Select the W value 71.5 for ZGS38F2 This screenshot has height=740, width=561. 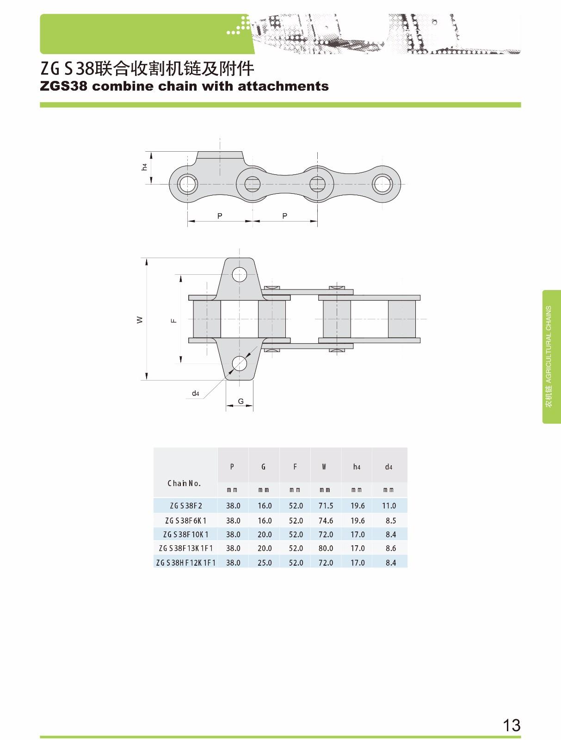(x=326, y=506)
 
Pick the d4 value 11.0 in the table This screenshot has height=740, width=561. (x=388, y=506)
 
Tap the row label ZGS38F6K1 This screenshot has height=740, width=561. (x=185, y=520)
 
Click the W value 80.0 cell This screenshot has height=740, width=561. (x=326, y=548)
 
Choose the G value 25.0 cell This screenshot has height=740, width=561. (x=265, y=563)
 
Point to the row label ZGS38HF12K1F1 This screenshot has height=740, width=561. (x=185, y=563)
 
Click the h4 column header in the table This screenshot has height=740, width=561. (x=357, y=467)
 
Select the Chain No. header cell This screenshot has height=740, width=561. (x=184, y=483)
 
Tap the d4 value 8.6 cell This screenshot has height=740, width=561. (x=391, y=548)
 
